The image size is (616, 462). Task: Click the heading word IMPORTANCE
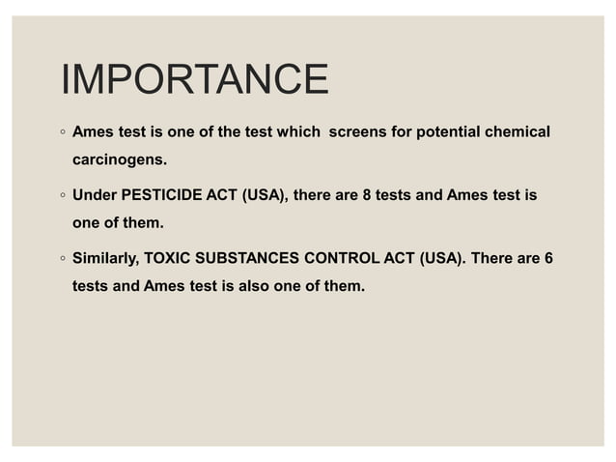click(x=194, y=79)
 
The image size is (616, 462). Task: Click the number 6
click(x=548, y=260)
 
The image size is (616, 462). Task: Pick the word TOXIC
click(x=166, y=260)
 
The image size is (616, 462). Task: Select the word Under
click(x=95, y=195)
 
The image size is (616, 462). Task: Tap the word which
click(x=291, y=131)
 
